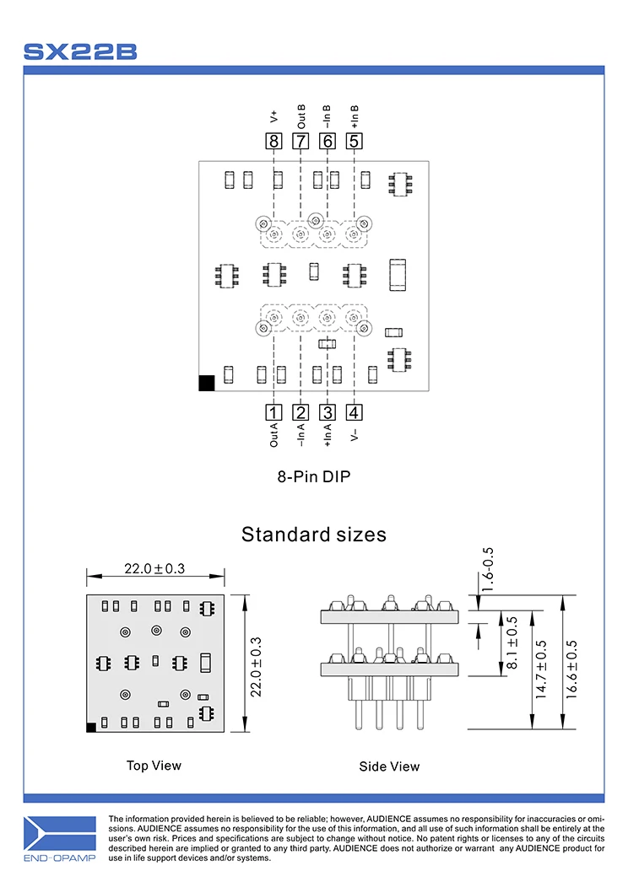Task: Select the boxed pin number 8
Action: click(x=273, y=141)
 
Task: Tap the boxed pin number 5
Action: click(x=355, y=141)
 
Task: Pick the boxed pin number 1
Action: click(x=273, y=412)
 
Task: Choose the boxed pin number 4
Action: click(x=355, y=412)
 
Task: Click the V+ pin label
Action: click(x=273, y=116)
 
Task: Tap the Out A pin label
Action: click(x=273, y=434)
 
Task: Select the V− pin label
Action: click(x=355, y=433)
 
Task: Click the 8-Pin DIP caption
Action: click(x=314, y=476)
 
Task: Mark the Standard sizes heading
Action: click(x=314, y=534)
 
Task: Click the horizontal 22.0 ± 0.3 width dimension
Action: click(x=154, y=569)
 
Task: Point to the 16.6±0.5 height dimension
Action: click(x=571, y=662)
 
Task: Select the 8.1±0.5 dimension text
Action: click(x=511, y=643)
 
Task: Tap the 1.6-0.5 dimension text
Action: click(x=487, y=569)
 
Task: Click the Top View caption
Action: click(x=154, y=766)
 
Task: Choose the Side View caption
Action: click(x=389, y=766)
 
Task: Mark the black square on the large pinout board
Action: click(x=207, y=383)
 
